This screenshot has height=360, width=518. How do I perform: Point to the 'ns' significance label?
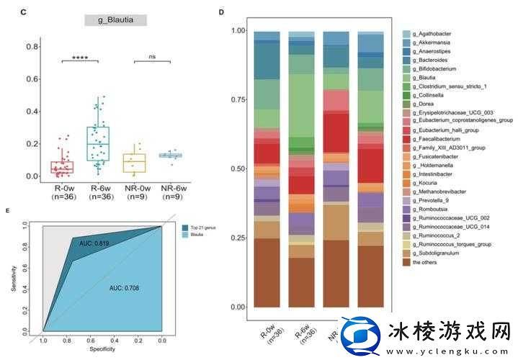click(152, 57)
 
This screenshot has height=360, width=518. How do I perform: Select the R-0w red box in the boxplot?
click(61, 167)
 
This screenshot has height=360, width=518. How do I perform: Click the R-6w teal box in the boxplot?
click(98, 144)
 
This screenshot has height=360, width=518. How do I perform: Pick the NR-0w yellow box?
click(134, 163)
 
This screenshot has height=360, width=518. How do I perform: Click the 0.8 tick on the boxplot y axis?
click(32, 47)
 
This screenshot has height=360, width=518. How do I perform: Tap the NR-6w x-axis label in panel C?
click(170, 190)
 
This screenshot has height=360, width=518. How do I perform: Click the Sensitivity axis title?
click(14, 279)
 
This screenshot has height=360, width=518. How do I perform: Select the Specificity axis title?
click(102, 349)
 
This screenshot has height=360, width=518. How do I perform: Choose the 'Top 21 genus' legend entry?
click(202, 228)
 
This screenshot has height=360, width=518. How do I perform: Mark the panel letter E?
click(7, 210)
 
